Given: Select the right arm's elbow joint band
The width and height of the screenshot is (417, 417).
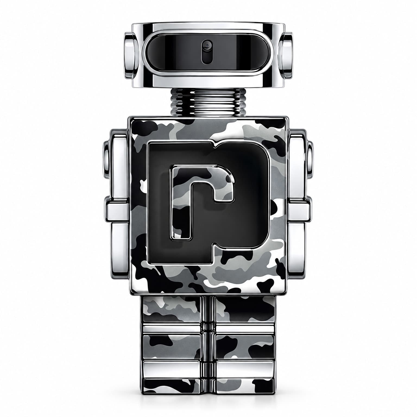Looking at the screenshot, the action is point(299,212).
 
